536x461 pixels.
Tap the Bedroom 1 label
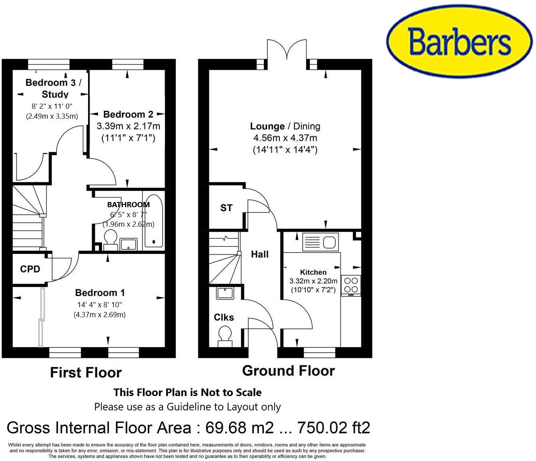click(x=100, y=293)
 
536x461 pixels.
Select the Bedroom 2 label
click(x=128, y=114)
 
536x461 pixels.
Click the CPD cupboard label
click(x=30, y=269)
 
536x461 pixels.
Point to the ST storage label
click(x=226, y=208)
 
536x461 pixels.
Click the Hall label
click(x=260, y=254)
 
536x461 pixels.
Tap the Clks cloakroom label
click(x=224, y=317)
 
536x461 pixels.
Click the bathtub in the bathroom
click(x=153, y=221)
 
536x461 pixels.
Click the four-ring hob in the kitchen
click(x=351, y=285)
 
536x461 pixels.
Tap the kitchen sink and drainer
click(x=320, y=242)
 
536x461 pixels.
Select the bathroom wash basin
click(x=128, y=244)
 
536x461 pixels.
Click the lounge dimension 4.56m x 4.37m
click(x=285, y=138)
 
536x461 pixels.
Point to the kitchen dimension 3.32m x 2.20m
click(x=313, y=281)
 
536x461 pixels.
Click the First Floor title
click(x=86, y=373)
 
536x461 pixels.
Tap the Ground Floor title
click(x=289, y=371)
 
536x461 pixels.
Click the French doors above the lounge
click(x=287, y=50)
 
